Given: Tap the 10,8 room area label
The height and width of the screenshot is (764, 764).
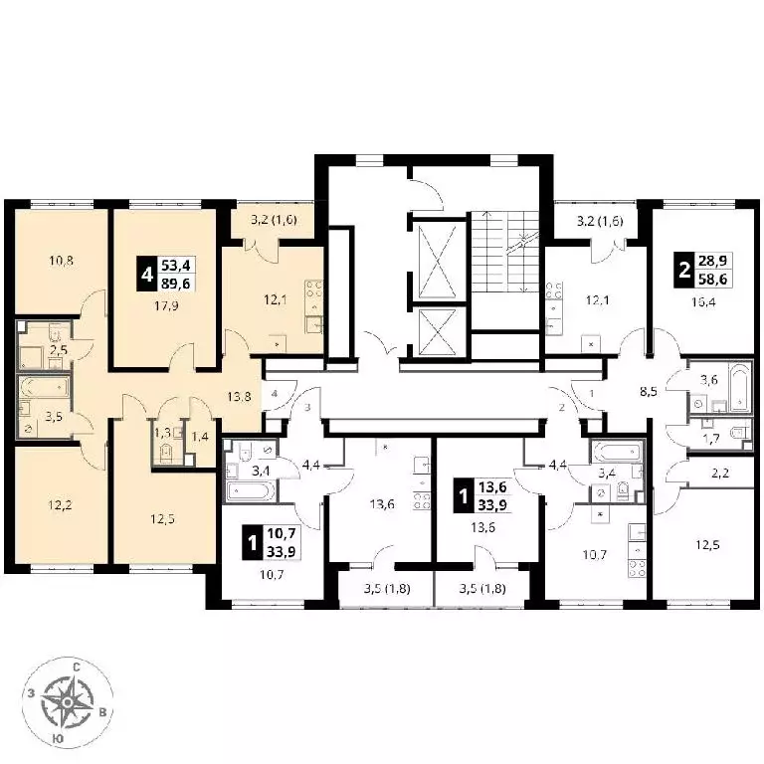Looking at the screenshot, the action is tap(61, 261).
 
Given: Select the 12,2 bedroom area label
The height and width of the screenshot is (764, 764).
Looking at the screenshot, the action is tap(60, 505).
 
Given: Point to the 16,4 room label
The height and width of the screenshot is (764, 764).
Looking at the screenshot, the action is tap(703, 302).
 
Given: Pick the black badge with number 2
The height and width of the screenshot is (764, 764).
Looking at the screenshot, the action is tap(684, 270).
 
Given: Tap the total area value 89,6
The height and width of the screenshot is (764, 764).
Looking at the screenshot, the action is tap(176, 284).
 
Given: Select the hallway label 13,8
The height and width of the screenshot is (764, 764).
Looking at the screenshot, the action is tap(239, 397).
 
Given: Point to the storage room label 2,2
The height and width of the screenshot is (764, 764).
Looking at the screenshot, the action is tap(719, 473).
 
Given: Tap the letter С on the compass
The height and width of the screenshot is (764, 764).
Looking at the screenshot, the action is tap(77, 668).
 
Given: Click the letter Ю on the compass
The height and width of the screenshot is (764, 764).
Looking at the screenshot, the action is tap(58, 739).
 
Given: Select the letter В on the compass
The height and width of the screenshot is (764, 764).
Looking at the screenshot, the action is tap(102, 712).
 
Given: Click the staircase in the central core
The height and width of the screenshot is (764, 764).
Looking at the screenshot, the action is tap(505, 252).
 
